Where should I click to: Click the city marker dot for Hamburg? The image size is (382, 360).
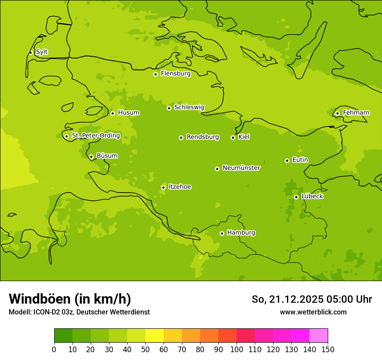pos(222,233)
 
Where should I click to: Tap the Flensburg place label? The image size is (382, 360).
pos(175,74)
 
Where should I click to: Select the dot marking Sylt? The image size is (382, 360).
pos(30,52)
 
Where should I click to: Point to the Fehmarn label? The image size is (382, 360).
pos(356,113)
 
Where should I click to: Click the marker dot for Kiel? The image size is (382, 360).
pos(233,137)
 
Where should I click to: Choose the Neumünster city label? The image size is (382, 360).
pos(241,168)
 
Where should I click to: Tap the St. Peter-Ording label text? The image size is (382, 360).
pos(95,136)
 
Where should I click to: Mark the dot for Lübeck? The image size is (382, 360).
pos(296,197)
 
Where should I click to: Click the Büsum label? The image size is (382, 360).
pos(107,156)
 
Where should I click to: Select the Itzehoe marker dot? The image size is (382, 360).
pos(163,187)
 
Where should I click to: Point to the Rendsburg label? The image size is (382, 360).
pos(202,137)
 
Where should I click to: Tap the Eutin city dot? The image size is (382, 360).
pos(287,160)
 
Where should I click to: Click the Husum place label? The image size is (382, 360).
pos(128,113)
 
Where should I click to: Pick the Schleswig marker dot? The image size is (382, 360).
pos(169,108)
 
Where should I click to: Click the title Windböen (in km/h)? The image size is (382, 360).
pos(70,299)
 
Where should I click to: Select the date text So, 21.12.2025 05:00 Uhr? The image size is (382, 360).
pos(312,299)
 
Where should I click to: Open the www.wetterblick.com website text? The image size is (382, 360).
pos(313,312)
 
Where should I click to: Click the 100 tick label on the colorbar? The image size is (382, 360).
pos(237,350)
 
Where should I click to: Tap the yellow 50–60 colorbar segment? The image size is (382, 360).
pos(155,336)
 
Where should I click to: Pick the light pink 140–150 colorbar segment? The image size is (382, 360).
pos(319,336)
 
